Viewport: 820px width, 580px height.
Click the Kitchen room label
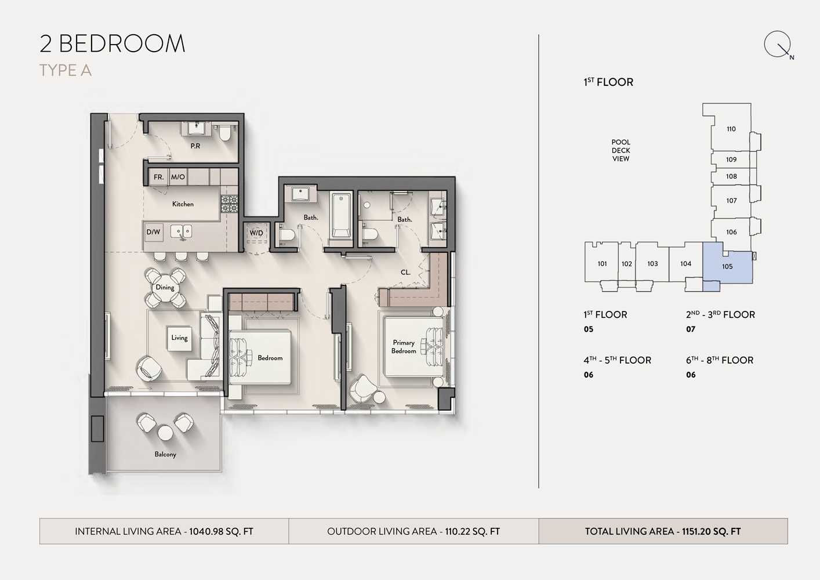pyautogui.click(x=183, y=204)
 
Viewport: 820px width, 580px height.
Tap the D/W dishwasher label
pyautogui.click(x=153, y=232)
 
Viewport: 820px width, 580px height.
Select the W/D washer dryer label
pyautogui.click(x=256, y=233)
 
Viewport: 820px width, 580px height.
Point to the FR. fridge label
pyautogui.click(x=158, y=177)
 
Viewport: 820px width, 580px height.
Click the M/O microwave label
pyautogui.click(x=178, y=177)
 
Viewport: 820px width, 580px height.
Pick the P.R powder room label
pyautogui.click(x=195, y=146)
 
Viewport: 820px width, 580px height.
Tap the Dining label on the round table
pyautogui.click(x=165, y=288)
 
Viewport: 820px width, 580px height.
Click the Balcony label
pyautogui.click(x=165, y=454)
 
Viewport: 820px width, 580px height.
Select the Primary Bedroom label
pyautogui.click(x=404, y=347)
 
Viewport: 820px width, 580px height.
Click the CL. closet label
pyautogui.click(x=405, y=273)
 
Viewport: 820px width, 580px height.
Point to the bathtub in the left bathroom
pyautogui.click(x=341, y=216)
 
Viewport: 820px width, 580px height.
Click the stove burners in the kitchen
pyautogui.click(x=229, y=204)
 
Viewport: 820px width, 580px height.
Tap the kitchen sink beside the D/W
pyautogui.click(x=181, y=232)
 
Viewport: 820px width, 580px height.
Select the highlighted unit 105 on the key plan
pyautogui.click(x=728, y=267)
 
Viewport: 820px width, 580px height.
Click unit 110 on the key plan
pyautogui.click(x=731, y=129)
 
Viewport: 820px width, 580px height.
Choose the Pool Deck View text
pyautogui.click(x=621, y=150)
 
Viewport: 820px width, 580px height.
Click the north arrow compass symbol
pyautogui.click(x=778, y=45)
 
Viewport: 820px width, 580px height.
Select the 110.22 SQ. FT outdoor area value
pyautogui.click(x=472, y=531)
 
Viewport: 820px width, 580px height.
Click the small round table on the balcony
pyautogui.click(x=165, y=433)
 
